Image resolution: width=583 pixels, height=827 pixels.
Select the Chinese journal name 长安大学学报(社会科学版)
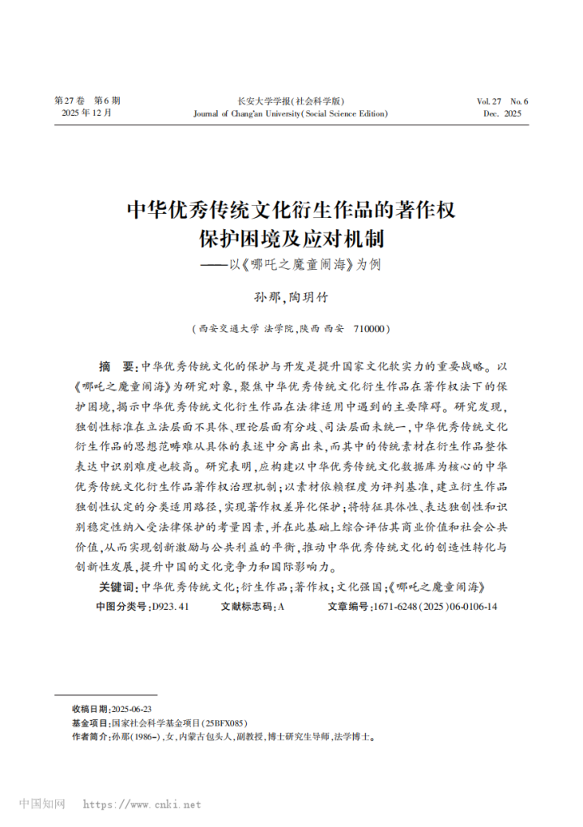(x=291, y=101)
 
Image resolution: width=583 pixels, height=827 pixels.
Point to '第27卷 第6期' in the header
(x=87, y=101)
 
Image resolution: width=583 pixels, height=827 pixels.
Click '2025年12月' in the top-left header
(x=87, y=114)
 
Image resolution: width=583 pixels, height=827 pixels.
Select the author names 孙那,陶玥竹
(x=291, y=298)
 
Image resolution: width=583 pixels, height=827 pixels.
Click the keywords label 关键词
(x=116, y=586)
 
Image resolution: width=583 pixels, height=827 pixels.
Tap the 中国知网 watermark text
(x=42, y=804)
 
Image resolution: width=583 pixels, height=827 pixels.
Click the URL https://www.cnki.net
(x=143, y=805)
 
